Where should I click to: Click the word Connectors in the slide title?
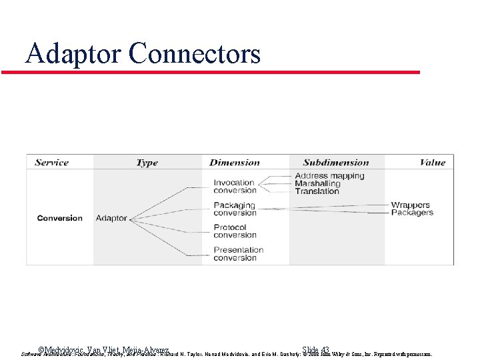click(195, 53)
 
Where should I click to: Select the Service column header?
click(52, 163)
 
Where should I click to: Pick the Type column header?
click(147, 163)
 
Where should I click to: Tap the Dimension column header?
click(235, 163)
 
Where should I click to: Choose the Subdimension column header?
click(335, 163)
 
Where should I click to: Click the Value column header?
click(432, 163)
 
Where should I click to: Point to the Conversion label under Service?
click(60, 218)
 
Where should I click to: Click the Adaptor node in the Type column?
click(111, 218)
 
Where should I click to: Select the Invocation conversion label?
click(235, 187)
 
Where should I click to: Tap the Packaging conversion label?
click(235, 209)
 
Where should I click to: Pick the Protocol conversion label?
click(235, 231)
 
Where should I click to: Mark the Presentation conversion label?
click(238, 254)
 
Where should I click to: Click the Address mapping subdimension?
click(329, 176)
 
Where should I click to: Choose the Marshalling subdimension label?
click(317, 183)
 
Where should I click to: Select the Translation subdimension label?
click(317, 191)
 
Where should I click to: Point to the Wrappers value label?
click(410, 205)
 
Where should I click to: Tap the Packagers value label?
click(411, 213)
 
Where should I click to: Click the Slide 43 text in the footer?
click(315, 350)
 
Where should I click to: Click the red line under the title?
click(211, 72)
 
